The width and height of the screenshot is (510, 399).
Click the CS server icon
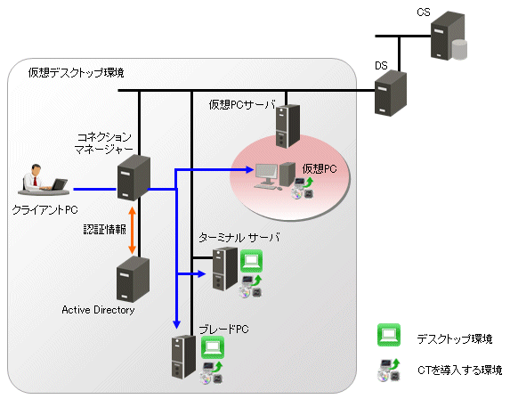tap(447, 35)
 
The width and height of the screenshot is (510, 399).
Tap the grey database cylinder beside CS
tap(459, 50)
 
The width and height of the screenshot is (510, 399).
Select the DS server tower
tap(391, 93)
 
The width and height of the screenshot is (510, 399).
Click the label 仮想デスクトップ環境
tap(76, 72)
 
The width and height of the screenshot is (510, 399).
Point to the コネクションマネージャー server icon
tap(134, 178)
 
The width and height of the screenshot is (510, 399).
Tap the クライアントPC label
tap(45, 210)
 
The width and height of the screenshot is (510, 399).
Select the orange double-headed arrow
tap(132, 230)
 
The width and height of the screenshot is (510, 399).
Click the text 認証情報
tap(104, 230)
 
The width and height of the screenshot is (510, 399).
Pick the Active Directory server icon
tap(133, 279)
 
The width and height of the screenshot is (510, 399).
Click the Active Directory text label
tap(98, 310)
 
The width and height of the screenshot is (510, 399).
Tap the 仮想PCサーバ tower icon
tap(287, 126)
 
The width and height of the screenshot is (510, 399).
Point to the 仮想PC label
tap(319, 168)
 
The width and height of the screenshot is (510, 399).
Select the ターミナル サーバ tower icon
tap(225, 268)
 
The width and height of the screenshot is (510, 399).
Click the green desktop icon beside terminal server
tap(251, 261)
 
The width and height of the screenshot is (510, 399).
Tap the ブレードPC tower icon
tap(183, 356)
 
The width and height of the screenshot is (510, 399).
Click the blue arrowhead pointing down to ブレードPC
tap(176, 324)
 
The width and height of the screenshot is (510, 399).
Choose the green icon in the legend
tap(389, 335)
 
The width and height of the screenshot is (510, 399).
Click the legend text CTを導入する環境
tap(459, 370)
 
